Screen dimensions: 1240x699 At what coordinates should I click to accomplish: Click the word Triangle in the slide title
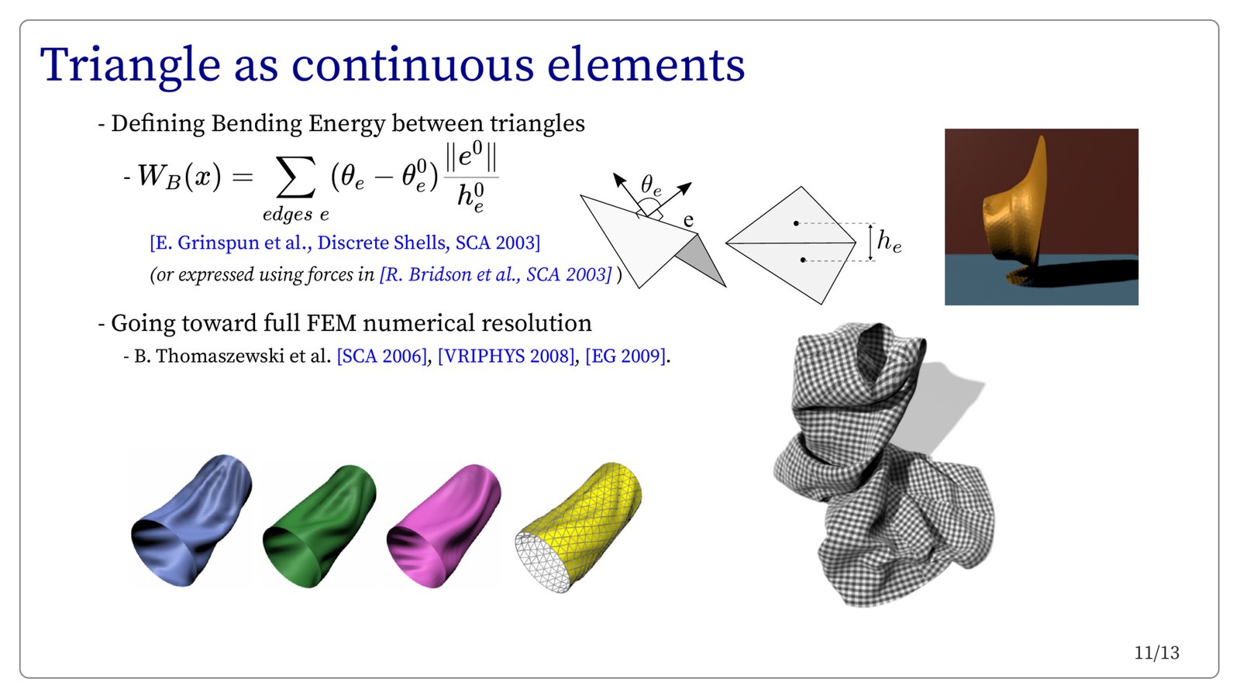click(x=130, y=66)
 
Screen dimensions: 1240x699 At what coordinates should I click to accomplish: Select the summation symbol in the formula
click(x=296, y=177)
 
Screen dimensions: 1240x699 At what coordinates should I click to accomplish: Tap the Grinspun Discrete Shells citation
click(x=345, y=243)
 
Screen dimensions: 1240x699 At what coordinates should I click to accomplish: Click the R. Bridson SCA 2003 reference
click(x=496, y=274)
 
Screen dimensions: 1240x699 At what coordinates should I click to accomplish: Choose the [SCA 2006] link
click(x=382, y=356)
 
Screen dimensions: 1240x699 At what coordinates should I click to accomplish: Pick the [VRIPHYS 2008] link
click(x=506, y=356)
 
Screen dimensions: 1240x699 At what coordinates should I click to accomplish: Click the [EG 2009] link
click(x=625, y=356)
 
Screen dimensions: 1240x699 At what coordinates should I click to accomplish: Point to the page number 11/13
click(x=1156, y=653)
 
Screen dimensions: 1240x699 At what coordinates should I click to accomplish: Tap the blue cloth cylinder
click(x=191, y=520)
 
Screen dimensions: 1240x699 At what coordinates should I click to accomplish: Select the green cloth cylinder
click(x=319, y=525)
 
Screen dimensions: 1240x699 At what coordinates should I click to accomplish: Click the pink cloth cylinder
click(x=443, y=525)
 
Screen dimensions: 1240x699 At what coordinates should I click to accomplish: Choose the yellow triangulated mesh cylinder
click(x=578, y=527)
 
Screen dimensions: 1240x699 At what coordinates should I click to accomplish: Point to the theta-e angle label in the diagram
click(x=651, y=185)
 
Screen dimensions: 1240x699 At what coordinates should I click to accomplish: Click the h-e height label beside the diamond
click(x=889, y=242)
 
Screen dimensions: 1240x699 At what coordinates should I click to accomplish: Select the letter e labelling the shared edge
click(x=688, y=220)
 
